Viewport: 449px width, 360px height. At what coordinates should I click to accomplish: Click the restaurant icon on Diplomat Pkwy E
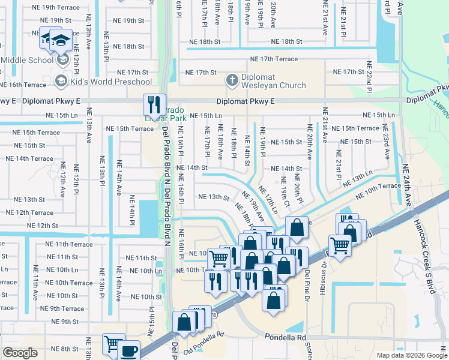click(x=154, y=105)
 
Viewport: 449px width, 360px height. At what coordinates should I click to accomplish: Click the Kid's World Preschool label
click(x=111, y=82)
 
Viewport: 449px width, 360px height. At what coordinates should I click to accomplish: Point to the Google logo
click(x=20, y=353)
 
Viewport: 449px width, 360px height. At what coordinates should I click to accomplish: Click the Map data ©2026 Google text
click(x=411, y=355)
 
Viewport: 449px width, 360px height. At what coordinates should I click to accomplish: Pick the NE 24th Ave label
click(x=408, y=186)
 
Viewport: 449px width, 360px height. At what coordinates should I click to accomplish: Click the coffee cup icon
click(x=129, y=351)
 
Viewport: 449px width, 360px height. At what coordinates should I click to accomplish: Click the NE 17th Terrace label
click(x=274, y=59)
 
